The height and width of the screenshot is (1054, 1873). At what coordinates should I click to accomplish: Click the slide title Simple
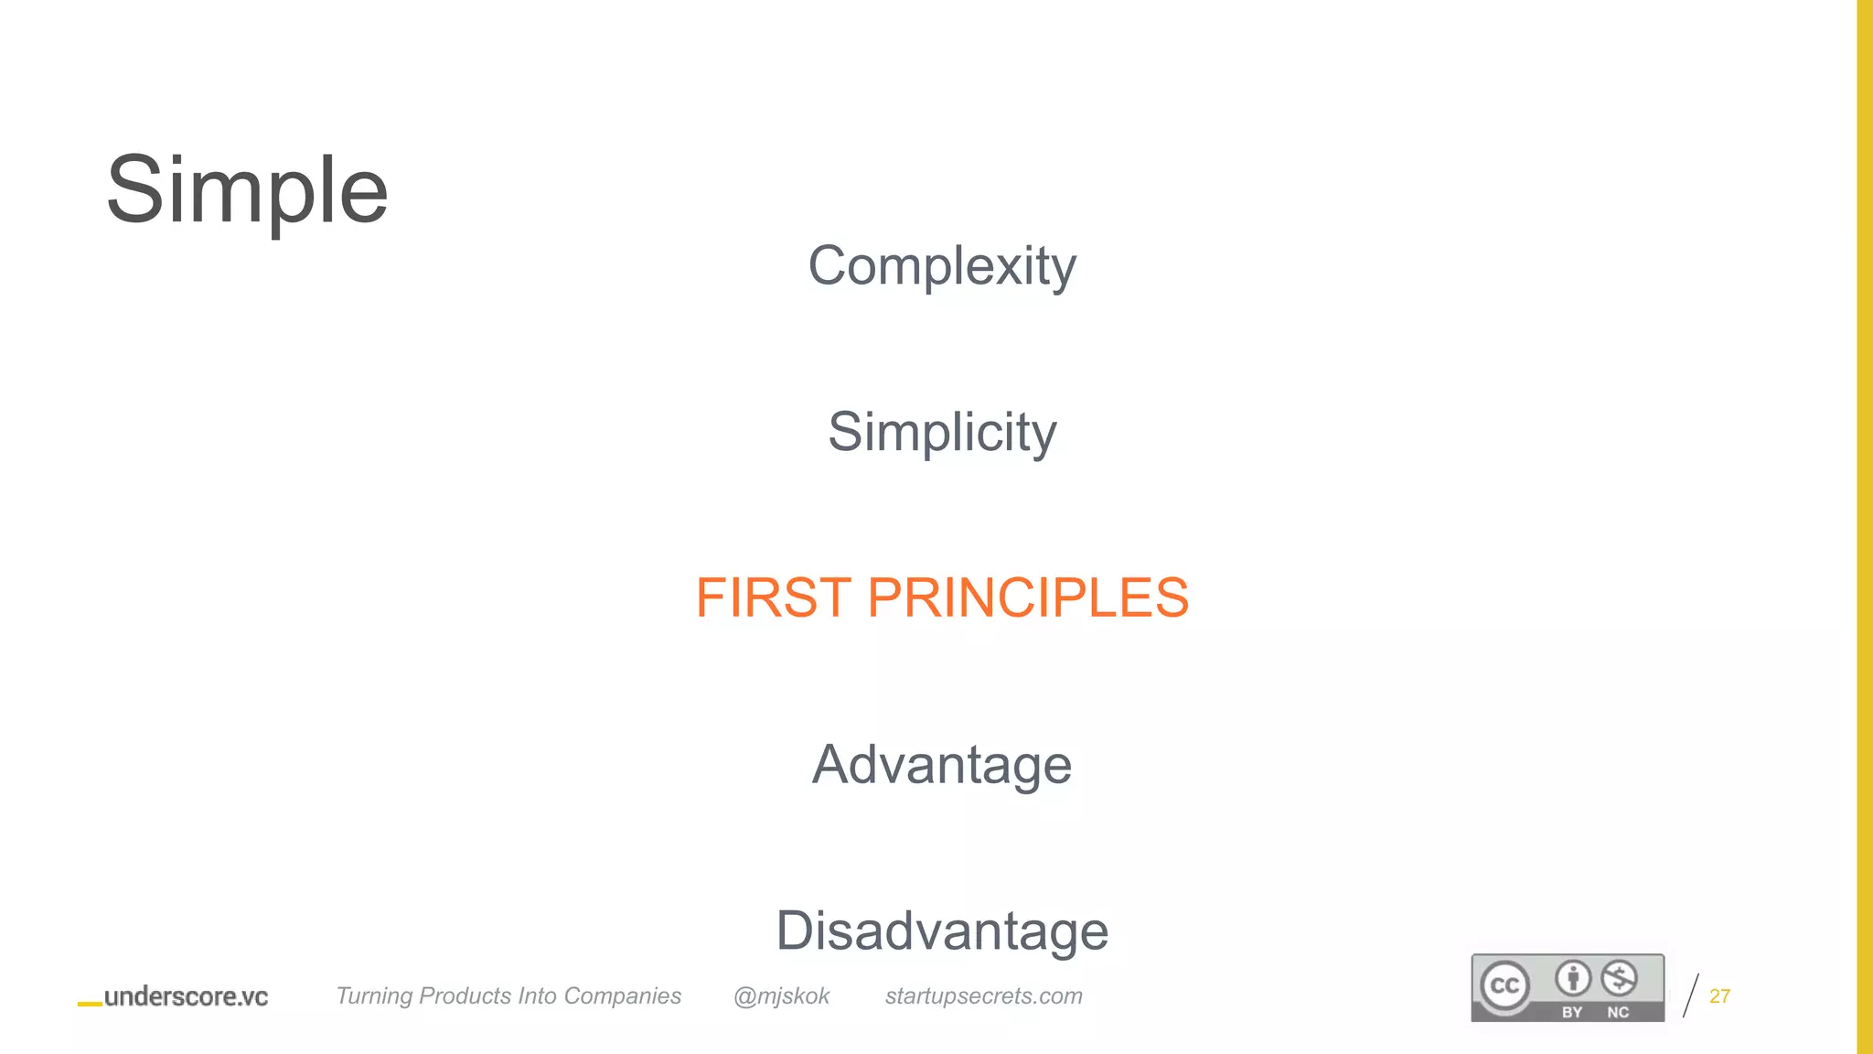247,190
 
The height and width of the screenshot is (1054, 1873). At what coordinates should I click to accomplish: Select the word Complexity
942,266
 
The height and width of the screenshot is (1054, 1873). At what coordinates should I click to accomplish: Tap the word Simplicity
942,432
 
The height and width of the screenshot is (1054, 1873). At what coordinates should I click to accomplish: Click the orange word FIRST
774,598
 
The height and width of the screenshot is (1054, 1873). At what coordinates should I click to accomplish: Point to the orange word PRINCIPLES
1027,598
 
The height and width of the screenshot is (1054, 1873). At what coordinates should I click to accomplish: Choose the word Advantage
942,765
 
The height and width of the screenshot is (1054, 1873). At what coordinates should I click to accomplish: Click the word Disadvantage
942,931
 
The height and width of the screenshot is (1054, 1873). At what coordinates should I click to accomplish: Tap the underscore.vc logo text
186,996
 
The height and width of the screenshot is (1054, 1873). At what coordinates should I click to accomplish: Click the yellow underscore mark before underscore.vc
90,1004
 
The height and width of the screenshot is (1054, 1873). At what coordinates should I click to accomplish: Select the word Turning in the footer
374,996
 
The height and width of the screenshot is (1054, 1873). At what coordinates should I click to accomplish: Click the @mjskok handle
781,996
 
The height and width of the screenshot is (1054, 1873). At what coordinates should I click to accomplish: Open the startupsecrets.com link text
983,996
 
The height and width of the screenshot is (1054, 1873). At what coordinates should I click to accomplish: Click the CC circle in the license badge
1504,985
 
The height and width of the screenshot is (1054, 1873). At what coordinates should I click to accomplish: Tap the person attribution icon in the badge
1573,978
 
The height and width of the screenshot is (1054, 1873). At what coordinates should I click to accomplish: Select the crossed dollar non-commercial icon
1619,978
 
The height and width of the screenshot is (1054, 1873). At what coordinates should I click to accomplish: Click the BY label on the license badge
1572,1012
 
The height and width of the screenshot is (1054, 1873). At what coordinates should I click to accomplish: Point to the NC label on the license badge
1618,1012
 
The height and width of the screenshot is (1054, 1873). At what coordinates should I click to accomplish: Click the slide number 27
1719,996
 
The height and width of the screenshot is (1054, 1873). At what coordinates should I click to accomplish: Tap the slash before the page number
1691,996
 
